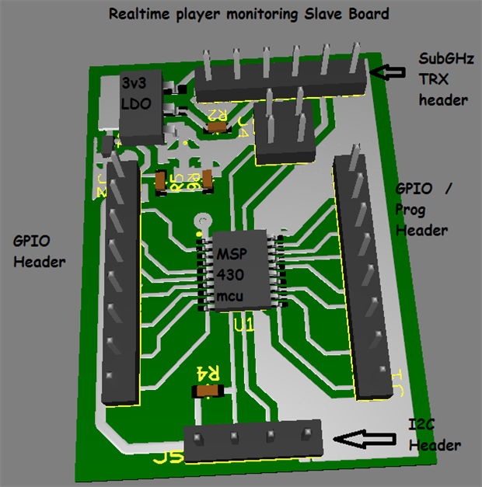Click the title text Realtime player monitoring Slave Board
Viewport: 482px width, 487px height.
coord(249,14)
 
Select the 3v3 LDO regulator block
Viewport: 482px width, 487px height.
coord(141,104)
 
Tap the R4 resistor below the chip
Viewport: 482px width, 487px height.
coord(208,391)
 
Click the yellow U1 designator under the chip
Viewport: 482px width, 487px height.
coord(244,327)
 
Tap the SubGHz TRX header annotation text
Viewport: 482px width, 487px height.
coord(444,79)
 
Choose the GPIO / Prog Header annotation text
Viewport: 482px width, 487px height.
coord(424,210)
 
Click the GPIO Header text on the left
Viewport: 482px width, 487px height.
coord(38,251)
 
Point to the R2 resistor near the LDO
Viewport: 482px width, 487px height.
coord(218,125)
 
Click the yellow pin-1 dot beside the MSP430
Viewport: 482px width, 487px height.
coord(199,232)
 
